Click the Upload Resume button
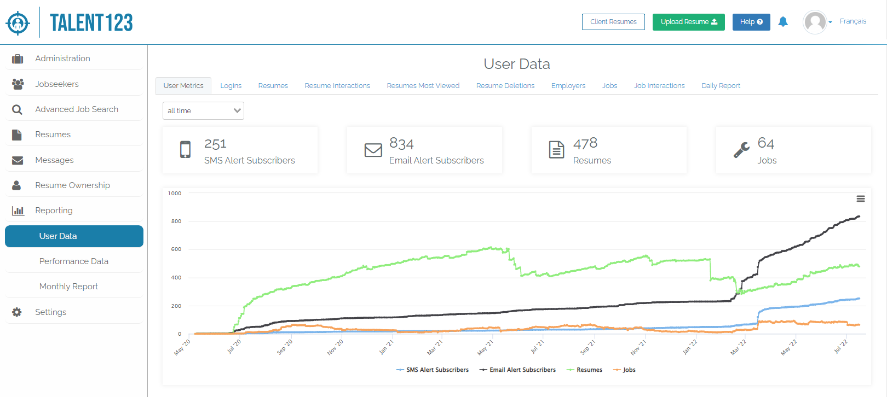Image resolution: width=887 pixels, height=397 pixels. tap(688, 22)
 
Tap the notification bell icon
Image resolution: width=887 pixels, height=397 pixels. tap(783, 22)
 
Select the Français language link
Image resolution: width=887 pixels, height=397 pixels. tap(853, 21)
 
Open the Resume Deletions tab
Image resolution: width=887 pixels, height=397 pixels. tap(505, 86)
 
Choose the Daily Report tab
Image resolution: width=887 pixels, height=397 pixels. tap(721, 86)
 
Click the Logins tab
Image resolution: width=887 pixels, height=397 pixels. tap(231, 86)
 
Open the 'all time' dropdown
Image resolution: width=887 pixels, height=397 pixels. tap(203, 110)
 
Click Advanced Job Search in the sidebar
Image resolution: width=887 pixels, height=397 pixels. tap(77, 109)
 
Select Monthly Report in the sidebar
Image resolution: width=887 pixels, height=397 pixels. tap(68, 287)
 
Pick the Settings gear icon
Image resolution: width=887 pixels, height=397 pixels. tap(17, 312)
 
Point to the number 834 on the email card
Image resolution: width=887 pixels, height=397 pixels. tap(401, 144)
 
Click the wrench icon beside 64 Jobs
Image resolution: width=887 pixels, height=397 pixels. tap(741, 150)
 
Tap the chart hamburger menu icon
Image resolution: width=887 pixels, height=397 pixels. tap(861, 198)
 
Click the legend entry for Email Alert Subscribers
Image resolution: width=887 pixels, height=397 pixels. tap(522, 370)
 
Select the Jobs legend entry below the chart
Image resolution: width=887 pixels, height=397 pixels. tap(629, 370)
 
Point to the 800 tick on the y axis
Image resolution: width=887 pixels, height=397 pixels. tap(176, 221)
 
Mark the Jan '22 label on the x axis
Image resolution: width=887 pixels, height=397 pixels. tap(690, 347)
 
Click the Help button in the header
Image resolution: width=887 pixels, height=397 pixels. tap(751, 22)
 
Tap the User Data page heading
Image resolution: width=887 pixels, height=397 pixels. tap(516, 64)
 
